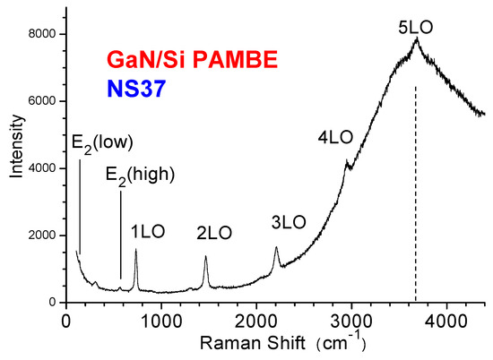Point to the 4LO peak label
pyautogui.click(x=335, y=138)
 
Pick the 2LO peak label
pyautogui.click(x=214, y=233)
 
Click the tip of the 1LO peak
pyautogui.click(x=135, y=250)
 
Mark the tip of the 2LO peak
pyautogui.click(x=205, y=257)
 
